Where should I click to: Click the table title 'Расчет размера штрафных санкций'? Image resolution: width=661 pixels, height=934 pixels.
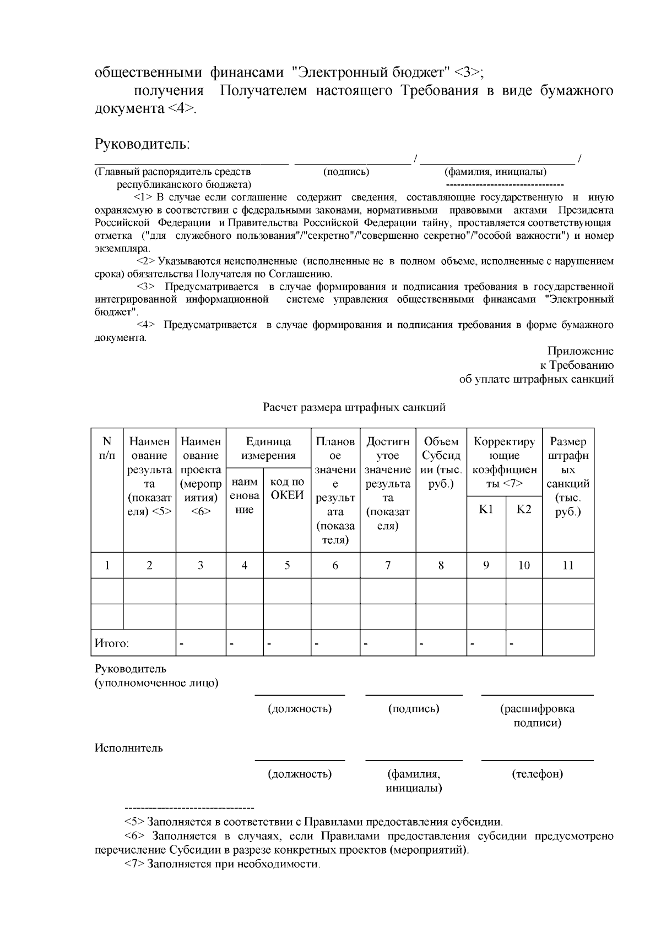tap(354, 408)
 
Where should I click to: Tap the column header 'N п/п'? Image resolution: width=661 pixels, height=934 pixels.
tap(107, 449)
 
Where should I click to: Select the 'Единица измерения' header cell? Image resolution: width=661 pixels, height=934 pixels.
tap(268, 449)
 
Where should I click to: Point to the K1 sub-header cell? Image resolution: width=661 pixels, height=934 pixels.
tap(486, 509)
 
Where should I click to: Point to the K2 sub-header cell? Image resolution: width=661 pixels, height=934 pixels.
tap(524, 509)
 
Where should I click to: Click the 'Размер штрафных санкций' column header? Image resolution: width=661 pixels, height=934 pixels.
tap(568, 477)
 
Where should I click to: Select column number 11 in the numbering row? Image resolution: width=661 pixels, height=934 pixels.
tap(568, 565)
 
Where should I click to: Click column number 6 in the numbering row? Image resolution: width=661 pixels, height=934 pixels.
tap(335, 565)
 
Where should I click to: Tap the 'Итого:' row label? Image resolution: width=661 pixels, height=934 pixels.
tap(112, 643)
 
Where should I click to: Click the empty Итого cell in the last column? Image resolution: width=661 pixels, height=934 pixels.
tap(568, 643)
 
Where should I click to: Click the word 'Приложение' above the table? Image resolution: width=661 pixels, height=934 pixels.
tap(580, 351)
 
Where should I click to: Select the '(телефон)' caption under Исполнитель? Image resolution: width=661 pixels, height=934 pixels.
tap(537, 774)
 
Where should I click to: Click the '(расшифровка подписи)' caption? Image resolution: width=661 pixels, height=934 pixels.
tap(537, 715)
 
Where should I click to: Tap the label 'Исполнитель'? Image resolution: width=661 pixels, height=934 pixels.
tap(129, 748)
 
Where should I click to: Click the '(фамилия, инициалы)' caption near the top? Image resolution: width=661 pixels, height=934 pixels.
tap(495, 172)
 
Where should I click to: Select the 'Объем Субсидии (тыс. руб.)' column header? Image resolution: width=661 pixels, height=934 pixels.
tap(441, 463)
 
